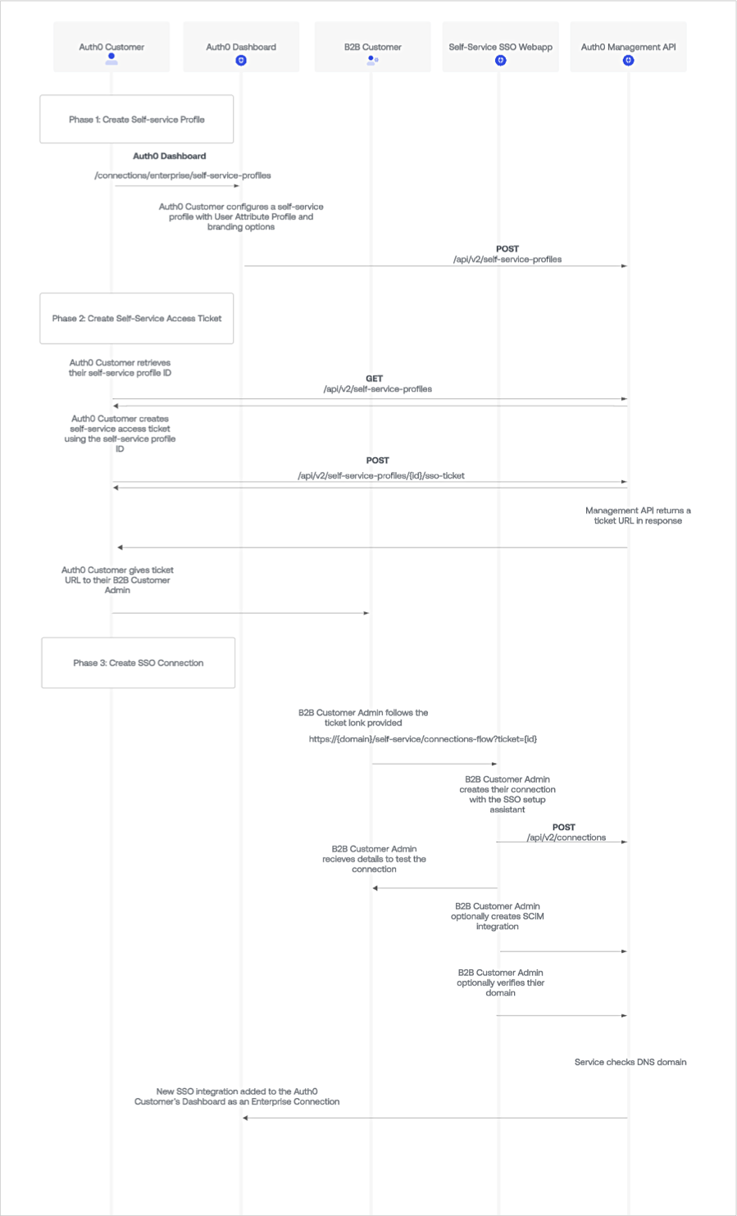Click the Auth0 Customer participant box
pos(111,48)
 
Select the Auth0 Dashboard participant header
pos(241,48)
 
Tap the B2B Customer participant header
pos(372,48)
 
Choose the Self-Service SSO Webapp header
pos(500,48)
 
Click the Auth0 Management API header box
pos(628,48)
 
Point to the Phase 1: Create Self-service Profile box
pos(137,120)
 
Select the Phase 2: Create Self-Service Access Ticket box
pos(137,319)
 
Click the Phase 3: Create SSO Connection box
pos(139,663)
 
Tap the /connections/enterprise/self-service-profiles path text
pos(183,175)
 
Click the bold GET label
pos(374,379)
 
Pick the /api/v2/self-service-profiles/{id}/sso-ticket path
pos(381,475)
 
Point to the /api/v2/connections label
pos(566,837)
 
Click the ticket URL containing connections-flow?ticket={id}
pos(423,739)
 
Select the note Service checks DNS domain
pos(630,1062)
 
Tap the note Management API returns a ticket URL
pos(638,515)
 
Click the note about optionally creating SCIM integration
pos(498,916)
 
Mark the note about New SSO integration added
pos(237,1096)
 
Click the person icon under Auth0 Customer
pos(111,60)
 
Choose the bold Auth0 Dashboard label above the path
pos(170,156)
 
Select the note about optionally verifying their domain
pos(500,982)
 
